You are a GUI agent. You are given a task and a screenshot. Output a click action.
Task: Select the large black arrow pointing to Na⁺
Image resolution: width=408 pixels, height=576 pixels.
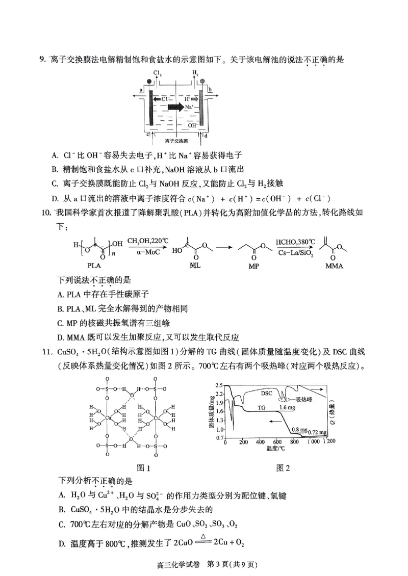176,107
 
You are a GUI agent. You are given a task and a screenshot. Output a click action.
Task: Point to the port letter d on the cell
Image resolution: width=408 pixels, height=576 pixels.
206,135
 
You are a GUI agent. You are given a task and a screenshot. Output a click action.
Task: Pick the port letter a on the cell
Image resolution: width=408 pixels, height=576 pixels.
141,89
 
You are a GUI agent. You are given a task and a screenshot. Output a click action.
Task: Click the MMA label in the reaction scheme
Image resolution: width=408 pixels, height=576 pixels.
334,266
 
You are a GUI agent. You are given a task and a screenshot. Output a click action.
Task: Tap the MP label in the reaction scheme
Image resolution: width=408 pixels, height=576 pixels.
253,266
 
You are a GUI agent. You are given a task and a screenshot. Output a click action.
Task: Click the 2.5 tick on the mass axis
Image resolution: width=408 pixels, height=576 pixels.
220,385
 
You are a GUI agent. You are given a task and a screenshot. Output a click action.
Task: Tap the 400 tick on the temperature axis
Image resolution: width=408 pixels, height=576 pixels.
260,442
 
